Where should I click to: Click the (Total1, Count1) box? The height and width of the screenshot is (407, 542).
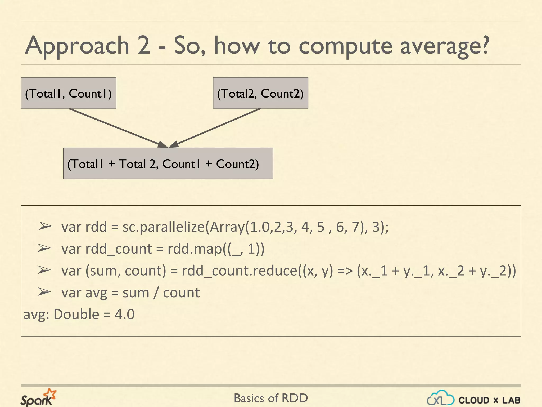[69, 93]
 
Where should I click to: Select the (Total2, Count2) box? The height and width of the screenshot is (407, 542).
[260, 93]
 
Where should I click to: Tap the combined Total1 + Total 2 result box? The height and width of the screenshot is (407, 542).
[168, 163]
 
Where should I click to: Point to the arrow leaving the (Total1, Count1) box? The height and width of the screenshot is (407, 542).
[116, 127]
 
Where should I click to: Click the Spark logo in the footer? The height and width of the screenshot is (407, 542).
[38, 397]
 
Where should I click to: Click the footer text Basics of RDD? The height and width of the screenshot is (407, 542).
[271, 398]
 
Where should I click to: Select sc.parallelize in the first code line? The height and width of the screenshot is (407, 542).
[164, 227]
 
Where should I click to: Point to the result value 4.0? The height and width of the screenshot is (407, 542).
[125, 315]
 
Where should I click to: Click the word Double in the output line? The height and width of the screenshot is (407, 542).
[76, 315]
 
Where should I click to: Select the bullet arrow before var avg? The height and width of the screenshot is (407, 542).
[44, 292]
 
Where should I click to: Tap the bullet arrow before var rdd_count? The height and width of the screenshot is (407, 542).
[44, 248]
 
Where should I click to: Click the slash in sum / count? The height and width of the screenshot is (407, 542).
[156, 293]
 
